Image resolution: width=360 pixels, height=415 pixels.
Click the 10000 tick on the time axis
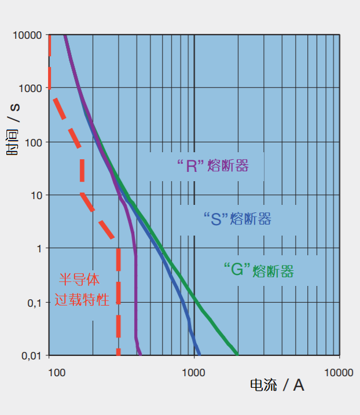click(x=28, y=35)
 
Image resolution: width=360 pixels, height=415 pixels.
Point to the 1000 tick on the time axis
click(x=30, y=89)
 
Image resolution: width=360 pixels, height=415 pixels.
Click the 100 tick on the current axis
click(x=56, y=373)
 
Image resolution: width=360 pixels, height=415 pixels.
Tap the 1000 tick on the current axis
click(x=194, y=373)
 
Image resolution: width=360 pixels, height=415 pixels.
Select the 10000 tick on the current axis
click(x=338, y=373)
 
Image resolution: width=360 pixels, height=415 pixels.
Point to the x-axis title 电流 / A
click(x=277, y=385)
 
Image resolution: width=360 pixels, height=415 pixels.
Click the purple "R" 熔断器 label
click(x=212, y=167)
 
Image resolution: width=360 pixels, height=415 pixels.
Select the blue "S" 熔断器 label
click(x=237, y=219)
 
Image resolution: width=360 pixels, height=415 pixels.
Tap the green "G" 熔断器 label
click(x=258, y=270)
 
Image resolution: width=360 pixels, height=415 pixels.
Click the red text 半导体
click(x=80, y=281)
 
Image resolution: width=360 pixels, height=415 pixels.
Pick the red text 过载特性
click(x=82, y=300)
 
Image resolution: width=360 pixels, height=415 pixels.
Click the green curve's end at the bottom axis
click(x=237, y=354)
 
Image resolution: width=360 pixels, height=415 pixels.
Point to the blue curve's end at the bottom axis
click(x=199, y=354)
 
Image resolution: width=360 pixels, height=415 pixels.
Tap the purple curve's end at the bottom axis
click(x=140, y=354)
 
